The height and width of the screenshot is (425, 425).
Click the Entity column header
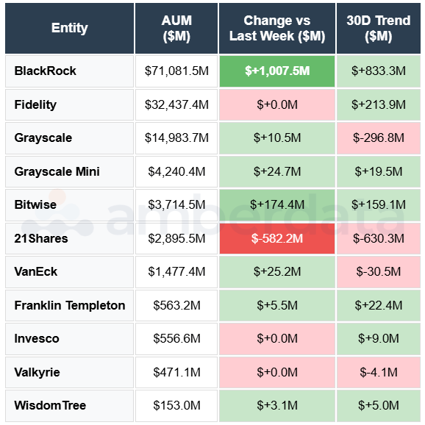coord(69,28)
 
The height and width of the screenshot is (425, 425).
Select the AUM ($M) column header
coord(176,28)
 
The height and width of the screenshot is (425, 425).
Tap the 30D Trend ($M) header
coord(379,28)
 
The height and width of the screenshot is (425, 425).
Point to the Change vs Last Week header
coord(277,28)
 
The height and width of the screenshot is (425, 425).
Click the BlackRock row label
coord(46,71)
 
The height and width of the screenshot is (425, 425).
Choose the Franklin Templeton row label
coord(70,305)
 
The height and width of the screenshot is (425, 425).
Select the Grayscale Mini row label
coord(57,172)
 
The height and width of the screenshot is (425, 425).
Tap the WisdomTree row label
coord(50,405)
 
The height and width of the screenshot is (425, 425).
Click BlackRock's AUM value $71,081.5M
coord(176,71)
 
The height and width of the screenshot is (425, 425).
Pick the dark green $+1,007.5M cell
coord(277,71)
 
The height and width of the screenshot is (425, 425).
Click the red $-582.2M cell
coord(277,238)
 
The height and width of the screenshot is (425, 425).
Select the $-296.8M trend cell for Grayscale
coord(379,138)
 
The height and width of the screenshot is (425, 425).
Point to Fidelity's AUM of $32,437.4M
coord(176,105)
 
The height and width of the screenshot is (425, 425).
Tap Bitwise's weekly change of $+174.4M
coord(277,205)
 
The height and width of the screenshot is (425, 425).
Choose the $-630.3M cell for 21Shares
coord(379,238)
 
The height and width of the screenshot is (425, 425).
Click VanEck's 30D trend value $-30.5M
coord(379,272)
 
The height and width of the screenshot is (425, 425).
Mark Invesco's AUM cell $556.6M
coord(176,339)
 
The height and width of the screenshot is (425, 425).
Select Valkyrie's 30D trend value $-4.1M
coord(379,372)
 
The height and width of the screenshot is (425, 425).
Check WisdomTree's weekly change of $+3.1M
coord(277,405)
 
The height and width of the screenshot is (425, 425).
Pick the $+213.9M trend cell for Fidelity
coord(379,105)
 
